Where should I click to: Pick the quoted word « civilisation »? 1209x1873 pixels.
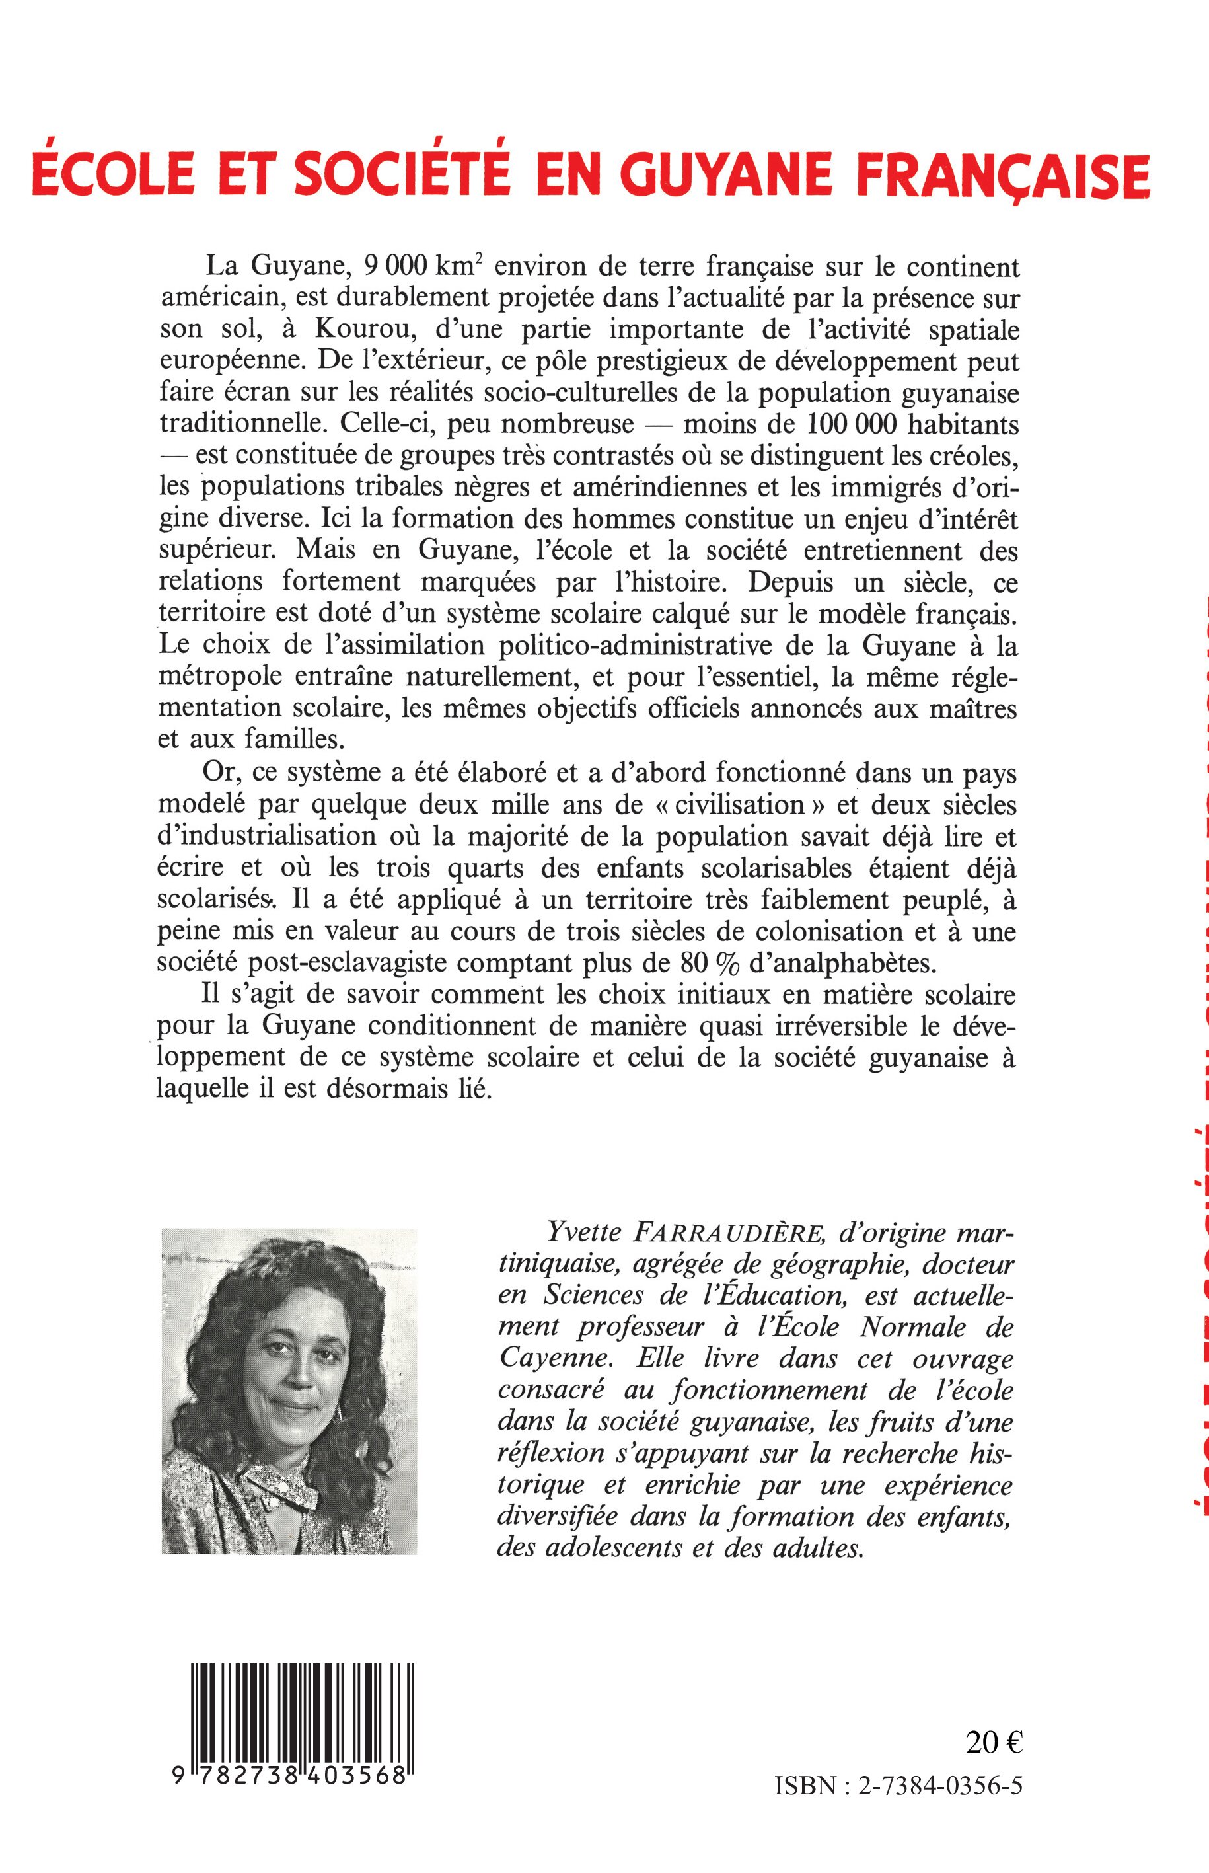[x=733, y=806]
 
